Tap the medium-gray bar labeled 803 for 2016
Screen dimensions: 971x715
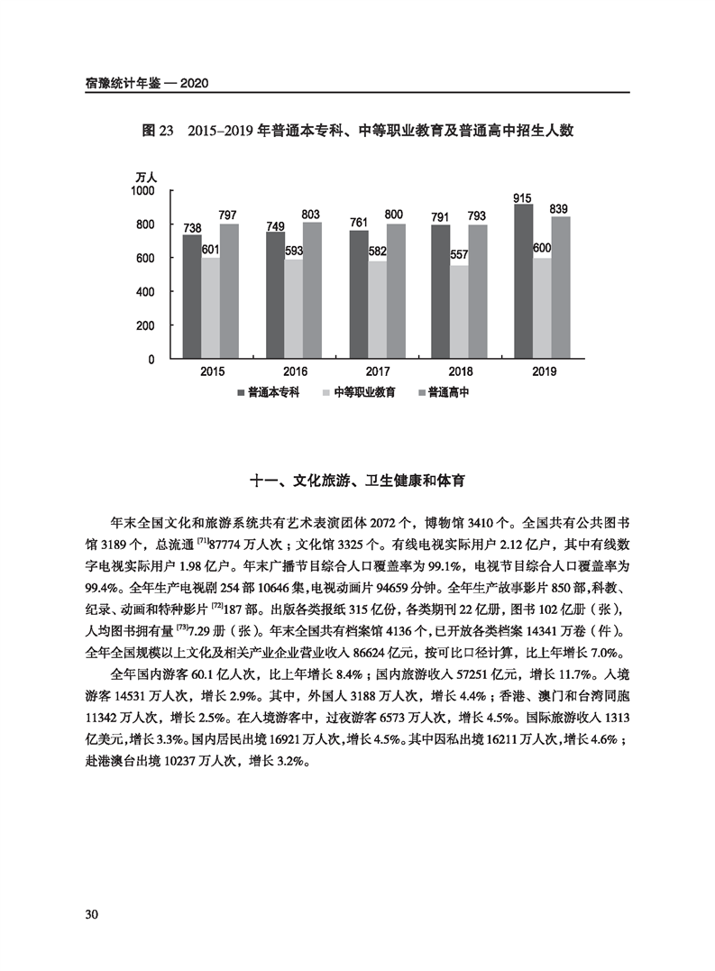[313, 290]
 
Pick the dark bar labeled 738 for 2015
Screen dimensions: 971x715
[192, 297]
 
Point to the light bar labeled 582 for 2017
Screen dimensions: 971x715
[377, 310]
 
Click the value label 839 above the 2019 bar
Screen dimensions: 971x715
[559, 209]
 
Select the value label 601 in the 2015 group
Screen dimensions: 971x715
[211, 250]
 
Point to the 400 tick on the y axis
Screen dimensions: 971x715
[148, 292]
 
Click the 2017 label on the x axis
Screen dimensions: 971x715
[378, 371]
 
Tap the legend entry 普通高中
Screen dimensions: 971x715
[448, 393]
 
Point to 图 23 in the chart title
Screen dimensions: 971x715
[157, 131]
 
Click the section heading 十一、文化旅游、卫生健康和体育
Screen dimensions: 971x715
[359, 481]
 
